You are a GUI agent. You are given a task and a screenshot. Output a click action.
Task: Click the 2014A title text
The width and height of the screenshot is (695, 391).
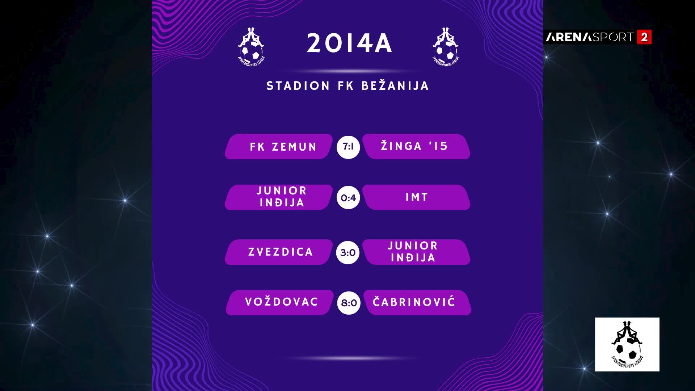tap(349, 43)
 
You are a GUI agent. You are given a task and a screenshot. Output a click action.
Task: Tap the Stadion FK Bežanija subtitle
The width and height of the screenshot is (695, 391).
tap(348, 86)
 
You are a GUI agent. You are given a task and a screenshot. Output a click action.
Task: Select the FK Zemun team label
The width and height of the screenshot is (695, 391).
tap(283, 147)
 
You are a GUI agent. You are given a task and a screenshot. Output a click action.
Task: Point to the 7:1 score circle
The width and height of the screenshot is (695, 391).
tap(348, 147)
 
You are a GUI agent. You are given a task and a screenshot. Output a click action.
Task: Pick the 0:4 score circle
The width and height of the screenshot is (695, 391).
tap(348, 198)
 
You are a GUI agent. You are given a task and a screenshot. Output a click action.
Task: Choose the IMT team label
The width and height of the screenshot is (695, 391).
tap(417, 197)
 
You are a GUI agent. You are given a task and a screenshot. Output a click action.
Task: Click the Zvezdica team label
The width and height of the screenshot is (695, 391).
tap(281, 252)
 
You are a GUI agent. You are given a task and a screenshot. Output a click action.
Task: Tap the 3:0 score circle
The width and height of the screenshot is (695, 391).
tap(348, 252)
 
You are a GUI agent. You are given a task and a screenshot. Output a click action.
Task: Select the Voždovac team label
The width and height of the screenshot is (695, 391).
tap(282, 302)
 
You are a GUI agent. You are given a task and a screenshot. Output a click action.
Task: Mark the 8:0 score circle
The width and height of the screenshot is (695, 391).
tap(349, 303)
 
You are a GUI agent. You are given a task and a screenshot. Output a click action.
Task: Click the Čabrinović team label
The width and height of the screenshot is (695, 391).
tap(414, 302)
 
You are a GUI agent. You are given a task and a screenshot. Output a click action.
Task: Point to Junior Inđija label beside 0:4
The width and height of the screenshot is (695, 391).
tap(282, 197)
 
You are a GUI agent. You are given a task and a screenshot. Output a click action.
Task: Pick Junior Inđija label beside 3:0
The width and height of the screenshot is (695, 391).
tap(413, 252)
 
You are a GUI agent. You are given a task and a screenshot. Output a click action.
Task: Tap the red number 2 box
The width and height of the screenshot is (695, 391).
tap(644, 37)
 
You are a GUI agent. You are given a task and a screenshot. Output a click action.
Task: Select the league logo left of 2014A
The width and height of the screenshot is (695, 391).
tap(251, 47)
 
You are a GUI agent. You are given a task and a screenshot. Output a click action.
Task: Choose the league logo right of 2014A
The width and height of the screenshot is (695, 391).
tap(446, 47)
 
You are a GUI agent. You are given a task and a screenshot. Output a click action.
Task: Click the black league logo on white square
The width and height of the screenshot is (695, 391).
tap(627, 344)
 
